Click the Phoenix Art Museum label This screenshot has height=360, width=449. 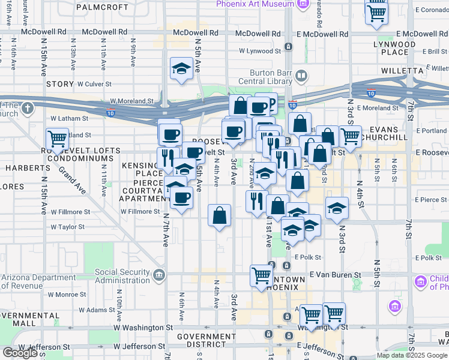coord(255,4)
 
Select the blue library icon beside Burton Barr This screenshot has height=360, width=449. coord(301,76)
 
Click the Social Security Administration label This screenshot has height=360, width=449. coord(122,276)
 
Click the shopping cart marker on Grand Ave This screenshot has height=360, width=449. coord(58,139)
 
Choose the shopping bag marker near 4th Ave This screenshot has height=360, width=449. coord(220,216)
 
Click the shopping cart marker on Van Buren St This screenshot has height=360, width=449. coord(262,275)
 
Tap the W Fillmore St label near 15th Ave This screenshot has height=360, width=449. coord(70,212)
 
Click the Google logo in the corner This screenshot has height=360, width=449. coord(20,353)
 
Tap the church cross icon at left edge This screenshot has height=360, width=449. coord(27,109)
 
